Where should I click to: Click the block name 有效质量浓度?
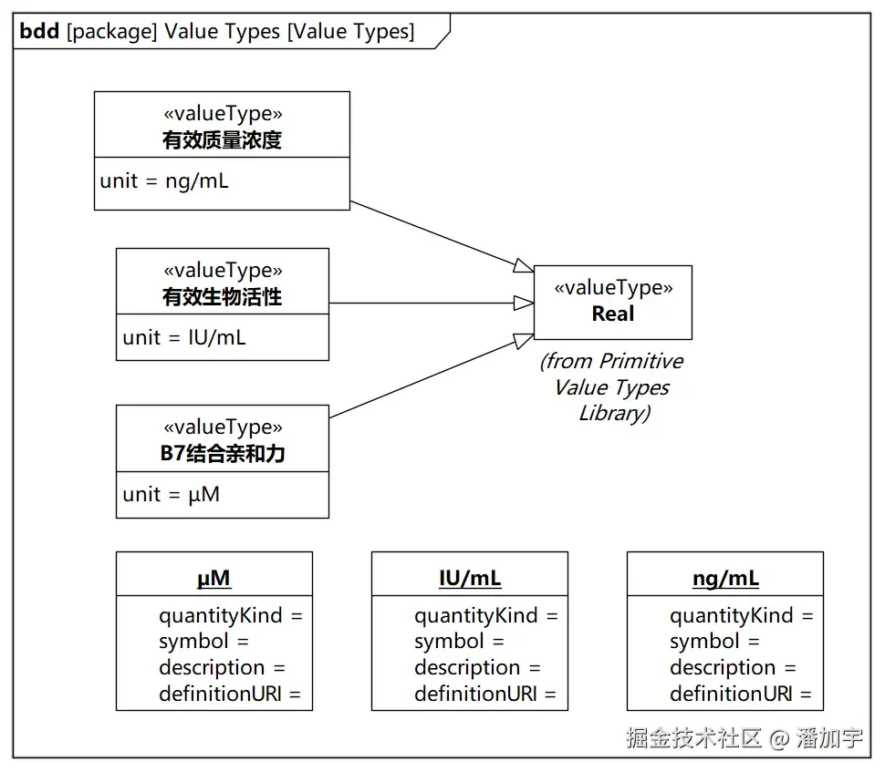(222, 139)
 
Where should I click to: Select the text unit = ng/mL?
(164, 181)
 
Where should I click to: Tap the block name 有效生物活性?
(222, 296)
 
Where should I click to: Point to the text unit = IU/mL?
(184, 338)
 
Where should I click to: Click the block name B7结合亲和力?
(223, 453)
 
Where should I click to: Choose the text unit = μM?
(171, 495)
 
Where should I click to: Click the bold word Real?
(613, 314)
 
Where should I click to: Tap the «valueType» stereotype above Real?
(613, 288)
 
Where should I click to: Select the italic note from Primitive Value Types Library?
(612, 386)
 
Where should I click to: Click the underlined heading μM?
(213, 579)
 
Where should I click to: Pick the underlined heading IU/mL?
(470, 578)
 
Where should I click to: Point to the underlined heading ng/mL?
(726, 579)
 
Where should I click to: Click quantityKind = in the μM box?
(231, 615)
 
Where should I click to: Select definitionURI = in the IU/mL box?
(485, 694)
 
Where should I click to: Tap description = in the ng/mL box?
(733, 668)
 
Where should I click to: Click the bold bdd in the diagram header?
(39, 31)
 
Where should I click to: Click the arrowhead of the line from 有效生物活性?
(524, 304)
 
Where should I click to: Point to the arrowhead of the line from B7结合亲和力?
(524, 340)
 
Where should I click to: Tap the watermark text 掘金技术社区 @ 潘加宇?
(744, 737)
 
